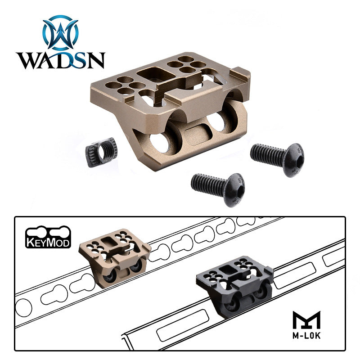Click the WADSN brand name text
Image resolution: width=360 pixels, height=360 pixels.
(60, 60)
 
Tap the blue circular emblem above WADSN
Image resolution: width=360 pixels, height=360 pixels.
(61, 32)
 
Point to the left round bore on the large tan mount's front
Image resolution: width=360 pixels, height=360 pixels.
(161, 143)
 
